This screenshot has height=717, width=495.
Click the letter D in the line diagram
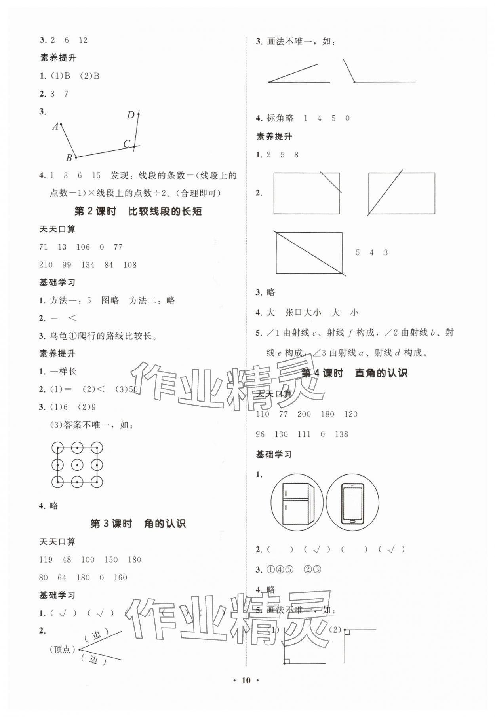point(131,115)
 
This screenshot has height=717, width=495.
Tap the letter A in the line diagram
point(55,127)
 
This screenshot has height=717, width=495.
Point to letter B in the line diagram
point(69,158)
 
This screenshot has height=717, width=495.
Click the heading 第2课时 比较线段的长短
point(138,211)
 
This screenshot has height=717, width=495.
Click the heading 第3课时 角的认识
point(138,524)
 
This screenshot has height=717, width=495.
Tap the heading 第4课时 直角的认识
point(354,373)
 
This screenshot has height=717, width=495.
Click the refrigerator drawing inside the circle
point(297,502)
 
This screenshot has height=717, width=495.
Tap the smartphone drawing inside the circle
point(352,502)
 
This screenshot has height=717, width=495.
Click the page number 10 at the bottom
point(246,680)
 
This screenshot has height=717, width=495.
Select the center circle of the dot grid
point(77,465)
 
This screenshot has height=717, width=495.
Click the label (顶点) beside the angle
point(62,649)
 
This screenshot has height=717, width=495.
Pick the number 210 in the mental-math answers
point(46,265)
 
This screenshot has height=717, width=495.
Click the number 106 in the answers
point(83,247)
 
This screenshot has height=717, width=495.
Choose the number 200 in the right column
point(304,414)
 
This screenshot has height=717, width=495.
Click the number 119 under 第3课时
point(46,560)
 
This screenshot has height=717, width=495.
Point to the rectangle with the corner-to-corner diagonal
point(309,253)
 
